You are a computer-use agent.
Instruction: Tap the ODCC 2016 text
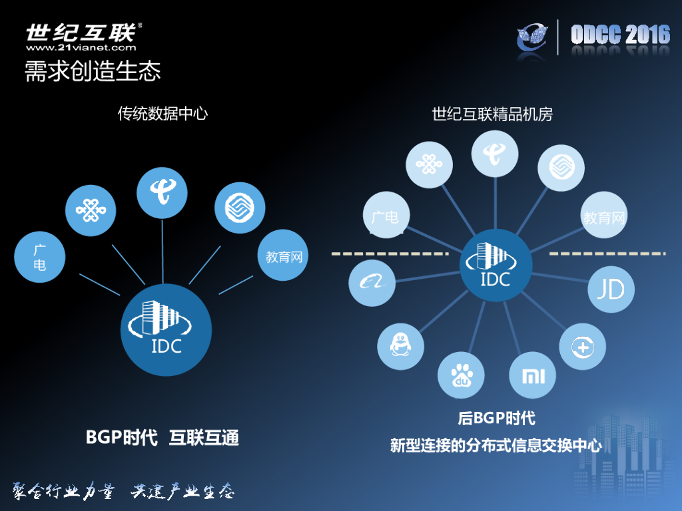click(620, 35)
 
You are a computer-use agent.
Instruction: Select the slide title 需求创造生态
click(93, 71)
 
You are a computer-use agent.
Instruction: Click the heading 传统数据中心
click(163, 114)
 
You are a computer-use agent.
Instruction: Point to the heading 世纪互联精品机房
click(492, 114)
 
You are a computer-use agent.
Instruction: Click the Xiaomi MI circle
click(532, 376)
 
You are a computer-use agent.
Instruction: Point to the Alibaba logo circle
click(372, 282)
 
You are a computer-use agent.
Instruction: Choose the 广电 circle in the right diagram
click(386, 216)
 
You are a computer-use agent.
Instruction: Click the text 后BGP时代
click(496, 419)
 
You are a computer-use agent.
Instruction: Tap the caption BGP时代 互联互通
click(163, 437)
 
